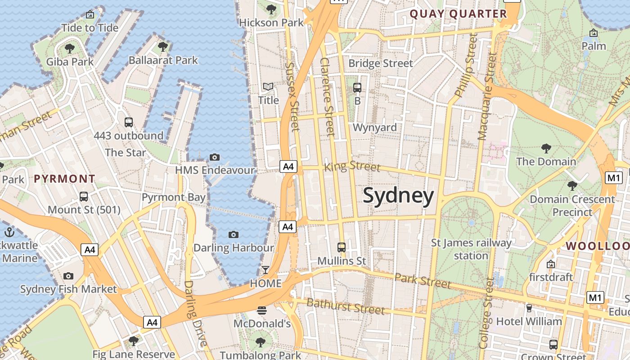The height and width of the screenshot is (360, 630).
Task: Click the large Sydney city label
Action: click(398, 196)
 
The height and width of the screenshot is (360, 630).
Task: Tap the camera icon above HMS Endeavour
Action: click(215, 157)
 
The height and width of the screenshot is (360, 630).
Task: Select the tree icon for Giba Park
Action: click(70, 48)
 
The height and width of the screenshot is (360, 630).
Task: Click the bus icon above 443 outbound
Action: click(128, 122)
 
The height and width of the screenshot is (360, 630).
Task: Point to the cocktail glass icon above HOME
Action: click(265, 270)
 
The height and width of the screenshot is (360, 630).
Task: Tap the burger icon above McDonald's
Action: click(262, 310)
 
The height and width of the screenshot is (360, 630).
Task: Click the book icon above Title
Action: click(268, 86)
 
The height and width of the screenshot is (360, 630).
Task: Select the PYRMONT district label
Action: click(64, 179)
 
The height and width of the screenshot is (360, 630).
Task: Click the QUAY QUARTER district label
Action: click(458, 14)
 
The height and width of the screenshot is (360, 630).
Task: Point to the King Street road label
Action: click(352, 167)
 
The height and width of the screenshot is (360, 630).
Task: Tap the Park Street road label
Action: click(423, 280)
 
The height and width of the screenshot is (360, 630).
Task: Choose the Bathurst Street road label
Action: click(346, 306)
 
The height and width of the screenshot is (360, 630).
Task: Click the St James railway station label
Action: click(471, 249)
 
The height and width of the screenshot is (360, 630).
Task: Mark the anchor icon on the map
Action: click(9, 232)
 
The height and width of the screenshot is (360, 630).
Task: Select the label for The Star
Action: click(125, 153)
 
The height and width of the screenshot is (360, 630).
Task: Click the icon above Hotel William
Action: click(529, 308)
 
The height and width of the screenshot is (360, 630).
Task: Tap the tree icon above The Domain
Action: click(546, 148)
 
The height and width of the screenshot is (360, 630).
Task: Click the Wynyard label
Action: click(374, 127)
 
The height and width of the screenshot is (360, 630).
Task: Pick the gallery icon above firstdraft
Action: click(550, 264)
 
